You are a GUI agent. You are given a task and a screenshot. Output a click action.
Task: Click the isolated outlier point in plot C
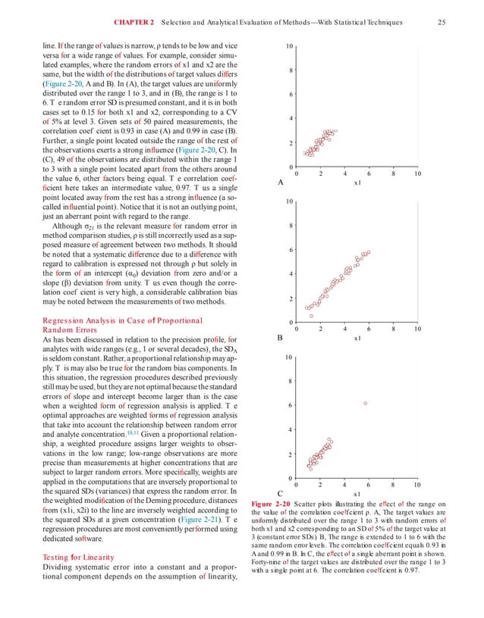tap(366, 403)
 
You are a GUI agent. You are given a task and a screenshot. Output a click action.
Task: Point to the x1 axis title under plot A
tap(357, 183)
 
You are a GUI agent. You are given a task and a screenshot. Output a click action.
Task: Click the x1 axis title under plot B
tap(357, 339)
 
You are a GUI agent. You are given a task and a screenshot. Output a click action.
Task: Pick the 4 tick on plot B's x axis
tap(344, 328)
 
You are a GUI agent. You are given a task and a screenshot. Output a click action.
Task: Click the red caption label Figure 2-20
tap(267, 504)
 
